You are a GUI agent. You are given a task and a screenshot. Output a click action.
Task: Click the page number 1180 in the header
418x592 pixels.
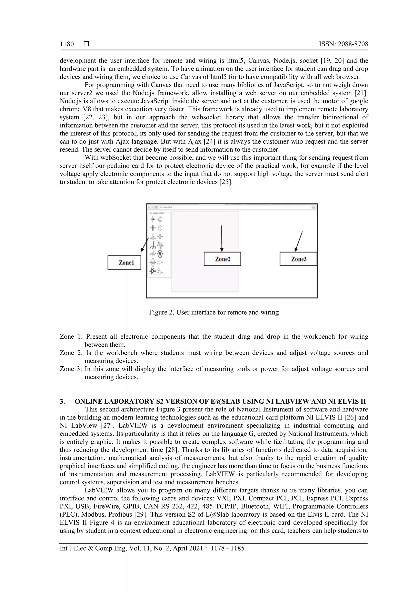67,44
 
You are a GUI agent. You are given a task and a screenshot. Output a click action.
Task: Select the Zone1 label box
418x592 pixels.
124,262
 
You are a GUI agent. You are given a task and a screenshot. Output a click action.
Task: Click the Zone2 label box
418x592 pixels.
222,259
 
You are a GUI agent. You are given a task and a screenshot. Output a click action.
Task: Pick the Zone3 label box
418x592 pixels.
298,259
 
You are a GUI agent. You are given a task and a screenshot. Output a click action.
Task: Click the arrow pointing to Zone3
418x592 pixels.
299,241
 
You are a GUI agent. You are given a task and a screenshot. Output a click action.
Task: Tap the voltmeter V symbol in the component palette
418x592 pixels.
160,254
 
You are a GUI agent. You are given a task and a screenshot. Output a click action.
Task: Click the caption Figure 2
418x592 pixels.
213,312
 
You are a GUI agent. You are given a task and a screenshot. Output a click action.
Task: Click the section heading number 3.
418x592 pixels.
62,402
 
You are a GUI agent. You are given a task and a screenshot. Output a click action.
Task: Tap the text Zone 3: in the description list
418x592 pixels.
71,369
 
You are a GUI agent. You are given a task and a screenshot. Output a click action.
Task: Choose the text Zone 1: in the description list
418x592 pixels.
71,337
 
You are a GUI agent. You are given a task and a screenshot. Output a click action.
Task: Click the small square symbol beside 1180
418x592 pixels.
87,44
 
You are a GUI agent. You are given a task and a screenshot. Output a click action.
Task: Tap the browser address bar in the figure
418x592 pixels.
232,207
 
